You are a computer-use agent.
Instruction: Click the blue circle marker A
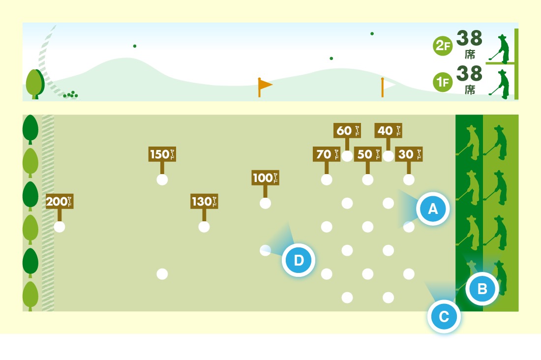(433, 209)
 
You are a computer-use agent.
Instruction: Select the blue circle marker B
(482, 289)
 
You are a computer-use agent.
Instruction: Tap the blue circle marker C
(444, 317)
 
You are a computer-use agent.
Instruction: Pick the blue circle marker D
(299, 260)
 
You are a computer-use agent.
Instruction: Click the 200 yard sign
(60, 201)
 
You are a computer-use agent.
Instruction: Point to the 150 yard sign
(162, 154)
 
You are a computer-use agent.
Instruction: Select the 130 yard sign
(204, 201)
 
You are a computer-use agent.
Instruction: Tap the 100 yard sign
(265, 178)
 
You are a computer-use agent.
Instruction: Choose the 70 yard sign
(326, 154)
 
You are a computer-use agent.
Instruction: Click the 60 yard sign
(347, 130)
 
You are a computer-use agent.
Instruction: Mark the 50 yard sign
(367, 154)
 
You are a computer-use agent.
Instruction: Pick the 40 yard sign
(388, 130)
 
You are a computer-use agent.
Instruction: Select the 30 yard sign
(409, 154)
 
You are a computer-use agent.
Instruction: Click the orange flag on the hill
(265, 85)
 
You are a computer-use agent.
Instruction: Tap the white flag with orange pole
(388, 86)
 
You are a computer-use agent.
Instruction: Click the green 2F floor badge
(442, 46)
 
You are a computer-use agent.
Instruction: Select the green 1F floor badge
(442, 82)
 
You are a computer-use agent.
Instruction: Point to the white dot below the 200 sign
(60, 227)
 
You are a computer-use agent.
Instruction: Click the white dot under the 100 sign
(265, 203)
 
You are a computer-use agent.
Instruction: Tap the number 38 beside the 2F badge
(469, 38)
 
